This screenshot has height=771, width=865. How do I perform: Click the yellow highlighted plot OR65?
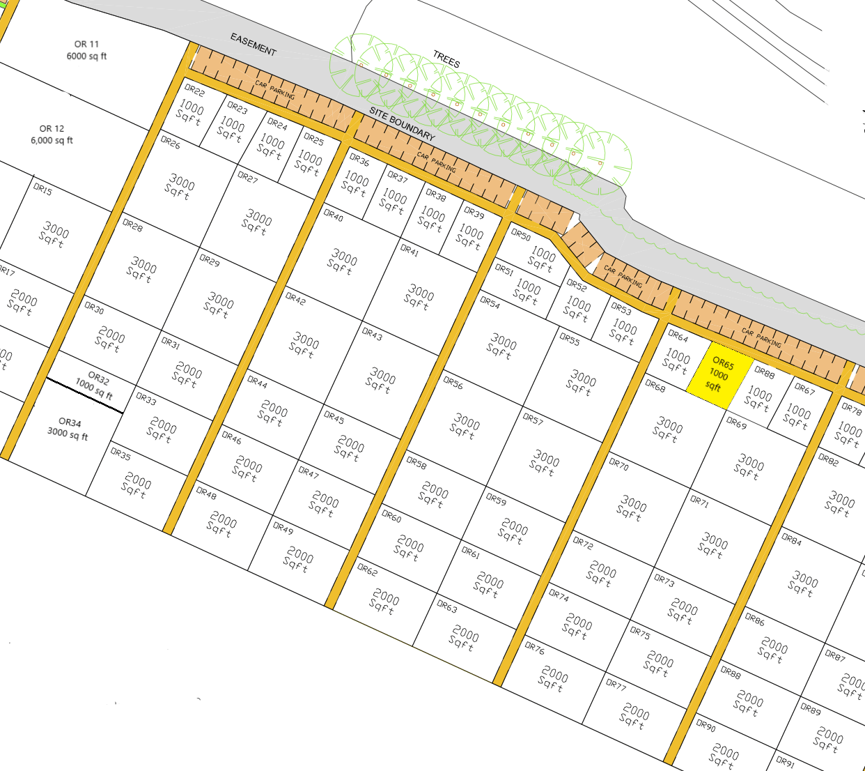click(719, 375)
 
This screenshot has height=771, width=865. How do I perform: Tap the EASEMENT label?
click(254, 45)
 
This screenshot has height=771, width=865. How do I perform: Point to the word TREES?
click(446, 59)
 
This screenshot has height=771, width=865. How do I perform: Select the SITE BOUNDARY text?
click(402, 124)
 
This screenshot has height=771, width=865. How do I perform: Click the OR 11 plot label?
click(87, 44)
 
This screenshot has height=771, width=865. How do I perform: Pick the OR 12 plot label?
click(52, 129)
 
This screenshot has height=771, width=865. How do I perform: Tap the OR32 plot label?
click(98, 379)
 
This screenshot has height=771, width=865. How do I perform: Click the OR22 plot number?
click(194, 91)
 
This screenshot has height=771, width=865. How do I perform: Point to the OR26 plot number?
click(170, 144)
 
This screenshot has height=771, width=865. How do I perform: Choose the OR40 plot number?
click(333, 216)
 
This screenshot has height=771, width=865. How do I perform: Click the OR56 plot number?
click(453, 383)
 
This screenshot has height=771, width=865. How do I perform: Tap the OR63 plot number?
click(447, 606)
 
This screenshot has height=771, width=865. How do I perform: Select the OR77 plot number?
click(616, 685)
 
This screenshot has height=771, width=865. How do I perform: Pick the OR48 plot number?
click(205, 493)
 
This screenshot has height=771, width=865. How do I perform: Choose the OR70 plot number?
click(618, 465)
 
